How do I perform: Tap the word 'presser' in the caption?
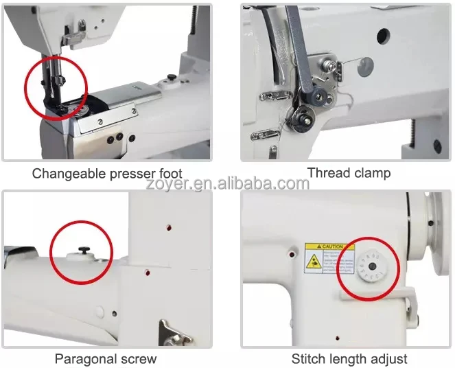click(x=133, y=173)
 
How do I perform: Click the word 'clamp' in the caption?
click(x=371, y=172)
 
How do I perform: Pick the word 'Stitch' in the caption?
click(x=310, y=358)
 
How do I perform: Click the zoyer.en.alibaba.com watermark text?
click(x=227, y=183)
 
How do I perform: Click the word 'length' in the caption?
click(x=348, y=358)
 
